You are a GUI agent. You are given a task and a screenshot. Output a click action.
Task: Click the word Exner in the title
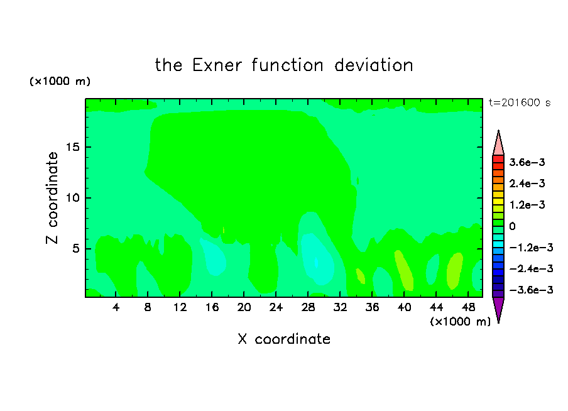(x=217, y=65)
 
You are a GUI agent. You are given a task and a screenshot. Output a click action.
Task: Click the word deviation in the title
(x=374, y=65)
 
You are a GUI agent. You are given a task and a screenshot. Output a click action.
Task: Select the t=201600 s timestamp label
(x=520, y=102)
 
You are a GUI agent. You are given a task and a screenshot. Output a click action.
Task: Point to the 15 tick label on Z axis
(x=73, y=147)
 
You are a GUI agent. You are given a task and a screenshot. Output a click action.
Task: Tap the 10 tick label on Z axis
(x=73, y=198)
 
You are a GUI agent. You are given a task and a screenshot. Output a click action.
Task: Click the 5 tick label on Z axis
(x=75, y=249)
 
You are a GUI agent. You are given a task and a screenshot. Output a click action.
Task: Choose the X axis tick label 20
(x=244, y=307)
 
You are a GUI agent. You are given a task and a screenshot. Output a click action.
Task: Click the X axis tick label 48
(x=468, y=307)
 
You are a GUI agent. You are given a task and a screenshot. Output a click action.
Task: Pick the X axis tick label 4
(x=116, y=307)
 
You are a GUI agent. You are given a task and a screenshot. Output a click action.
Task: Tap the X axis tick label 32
(x=340, y=307)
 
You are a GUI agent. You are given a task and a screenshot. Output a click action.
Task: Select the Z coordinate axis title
(x=52, y=198)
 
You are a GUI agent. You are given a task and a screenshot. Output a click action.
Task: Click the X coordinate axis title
(x=284, y=339)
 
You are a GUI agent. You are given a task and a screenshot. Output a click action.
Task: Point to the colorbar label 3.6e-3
(x=527, y=162)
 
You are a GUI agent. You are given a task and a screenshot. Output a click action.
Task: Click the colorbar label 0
(x=512, y=226)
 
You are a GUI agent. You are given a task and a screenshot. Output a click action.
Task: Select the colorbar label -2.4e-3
(x=531, y=268)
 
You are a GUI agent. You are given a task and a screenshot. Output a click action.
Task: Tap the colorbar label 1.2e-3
(x=527, y=205)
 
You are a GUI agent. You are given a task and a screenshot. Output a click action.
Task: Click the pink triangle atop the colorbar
(x=498, y=145)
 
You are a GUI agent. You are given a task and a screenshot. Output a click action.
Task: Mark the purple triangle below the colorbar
(x=498, y=308)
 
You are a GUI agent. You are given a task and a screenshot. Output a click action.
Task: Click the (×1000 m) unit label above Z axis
(x=60, y=81)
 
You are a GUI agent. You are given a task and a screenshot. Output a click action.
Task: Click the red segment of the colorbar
(x=498, y=159)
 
